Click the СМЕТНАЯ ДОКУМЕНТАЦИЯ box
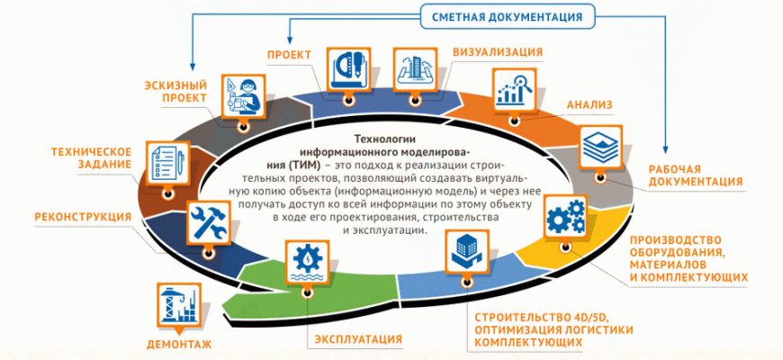coord(507,15)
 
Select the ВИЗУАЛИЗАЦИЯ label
coord(497,51)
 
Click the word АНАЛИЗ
coord(589,105)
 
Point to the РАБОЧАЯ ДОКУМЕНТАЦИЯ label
coord(695,175)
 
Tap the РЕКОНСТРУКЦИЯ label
coord(83,217)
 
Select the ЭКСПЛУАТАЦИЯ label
coord(358,339)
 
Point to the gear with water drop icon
coord(304,262)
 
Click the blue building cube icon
coord(465,252)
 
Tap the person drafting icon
coord(244,94)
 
